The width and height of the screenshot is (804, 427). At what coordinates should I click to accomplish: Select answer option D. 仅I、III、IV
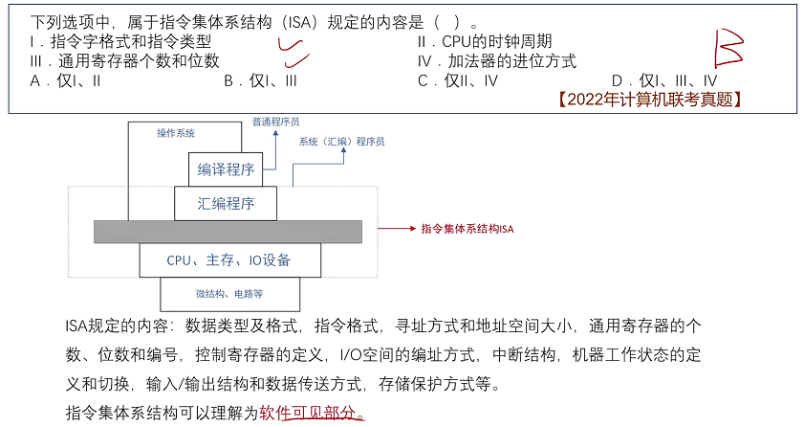pos(663,80)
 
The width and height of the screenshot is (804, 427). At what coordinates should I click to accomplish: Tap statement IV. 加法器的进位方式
pos(497,60)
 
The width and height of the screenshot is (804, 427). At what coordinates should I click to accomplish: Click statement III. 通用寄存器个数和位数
pos(125,60)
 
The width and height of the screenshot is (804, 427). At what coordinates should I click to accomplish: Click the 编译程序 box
pos(227,169)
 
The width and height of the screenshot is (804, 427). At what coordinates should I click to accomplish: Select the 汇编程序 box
pos(226,203)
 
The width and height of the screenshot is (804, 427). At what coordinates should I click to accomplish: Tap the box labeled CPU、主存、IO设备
pos(228,259)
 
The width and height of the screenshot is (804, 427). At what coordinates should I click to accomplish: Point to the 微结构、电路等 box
pos(228,293)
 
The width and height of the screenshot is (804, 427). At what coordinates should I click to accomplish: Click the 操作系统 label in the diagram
pos(176,133)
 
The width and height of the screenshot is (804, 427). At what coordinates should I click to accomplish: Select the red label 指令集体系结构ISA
pos(467,230)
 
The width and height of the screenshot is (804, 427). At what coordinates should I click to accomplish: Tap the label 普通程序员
pos(275,123)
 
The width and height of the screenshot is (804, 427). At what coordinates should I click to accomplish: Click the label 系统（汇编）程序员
pos(340,141)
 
